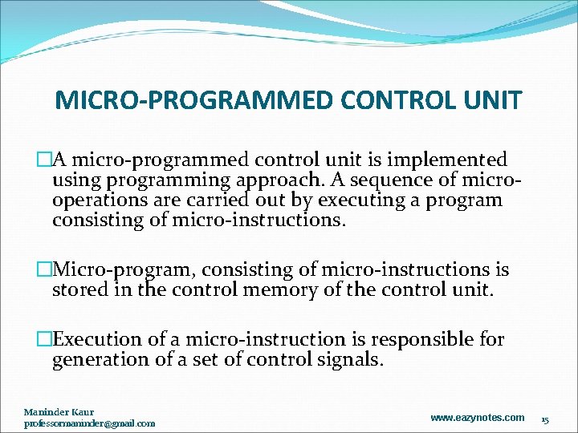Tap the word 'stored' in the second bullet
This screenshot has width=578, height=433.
(81, 289)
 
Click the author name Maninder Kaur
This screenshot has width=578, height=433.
(59, 412)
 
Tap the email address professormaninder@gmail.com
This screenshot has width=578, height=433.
(89, 423)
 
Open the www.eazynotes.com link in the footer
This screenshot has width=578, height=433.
(477, 418)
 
